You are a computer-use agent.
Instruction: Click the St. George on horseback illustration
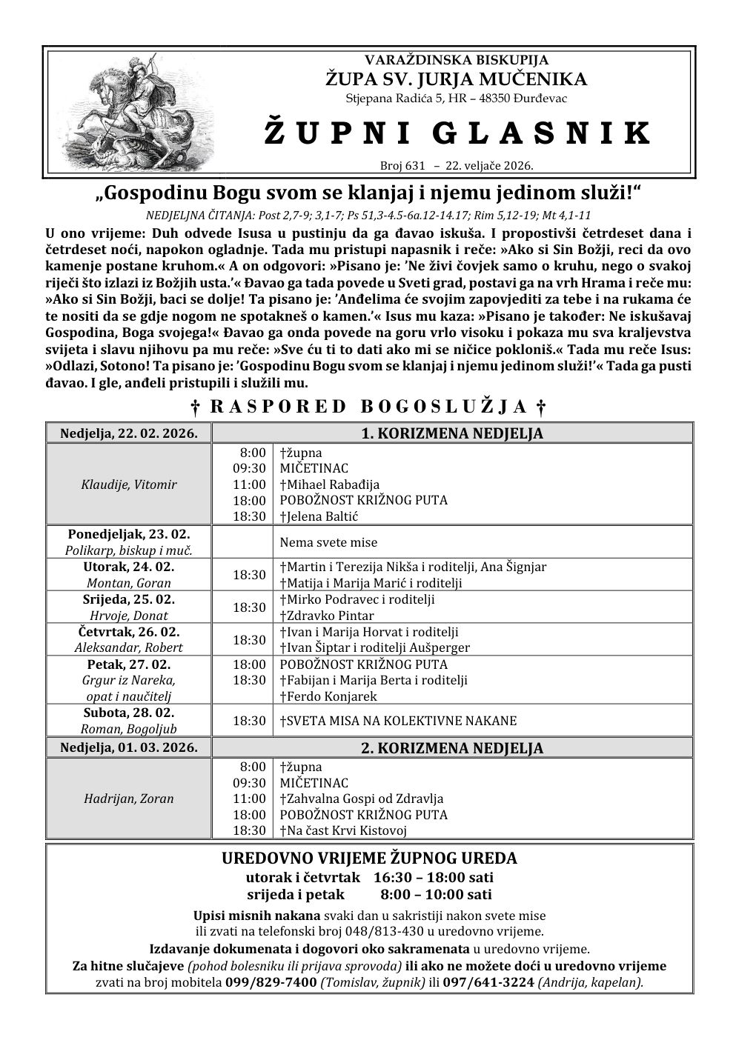pyautogui.click(x=137, y=112)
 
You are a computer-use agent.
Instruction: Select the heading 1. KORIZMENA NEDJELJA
pyautogui.click(x=452, y=433)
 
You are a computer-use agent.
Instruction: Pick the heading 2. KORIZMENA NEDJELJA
pyautogui.click(x=452, y=748)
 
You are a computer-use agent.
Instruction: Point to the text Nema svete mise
pyautogui.click(x=328, y=542)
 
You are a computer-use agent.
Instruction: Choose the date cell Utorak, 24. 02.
pyautogui.click(x=129, y=567)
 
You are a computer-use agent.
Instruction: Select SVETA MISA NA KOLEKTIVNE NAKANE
pyautogui.click(x=398, y=720)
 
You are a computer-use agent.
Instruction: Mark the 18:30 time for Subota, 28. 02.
pyautogui.click(x=249, y=720)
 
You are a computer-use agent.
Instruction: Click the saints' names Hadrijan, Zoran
pyautogui.click(x=129, y=799)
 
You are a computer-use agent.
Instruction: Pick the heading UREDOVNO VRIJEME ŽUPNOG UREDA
pyautogui.click(x=369, y=859)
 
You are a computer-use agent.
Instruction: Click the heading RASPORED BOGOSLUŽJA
pyautogui.click(x=368, y=406)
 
